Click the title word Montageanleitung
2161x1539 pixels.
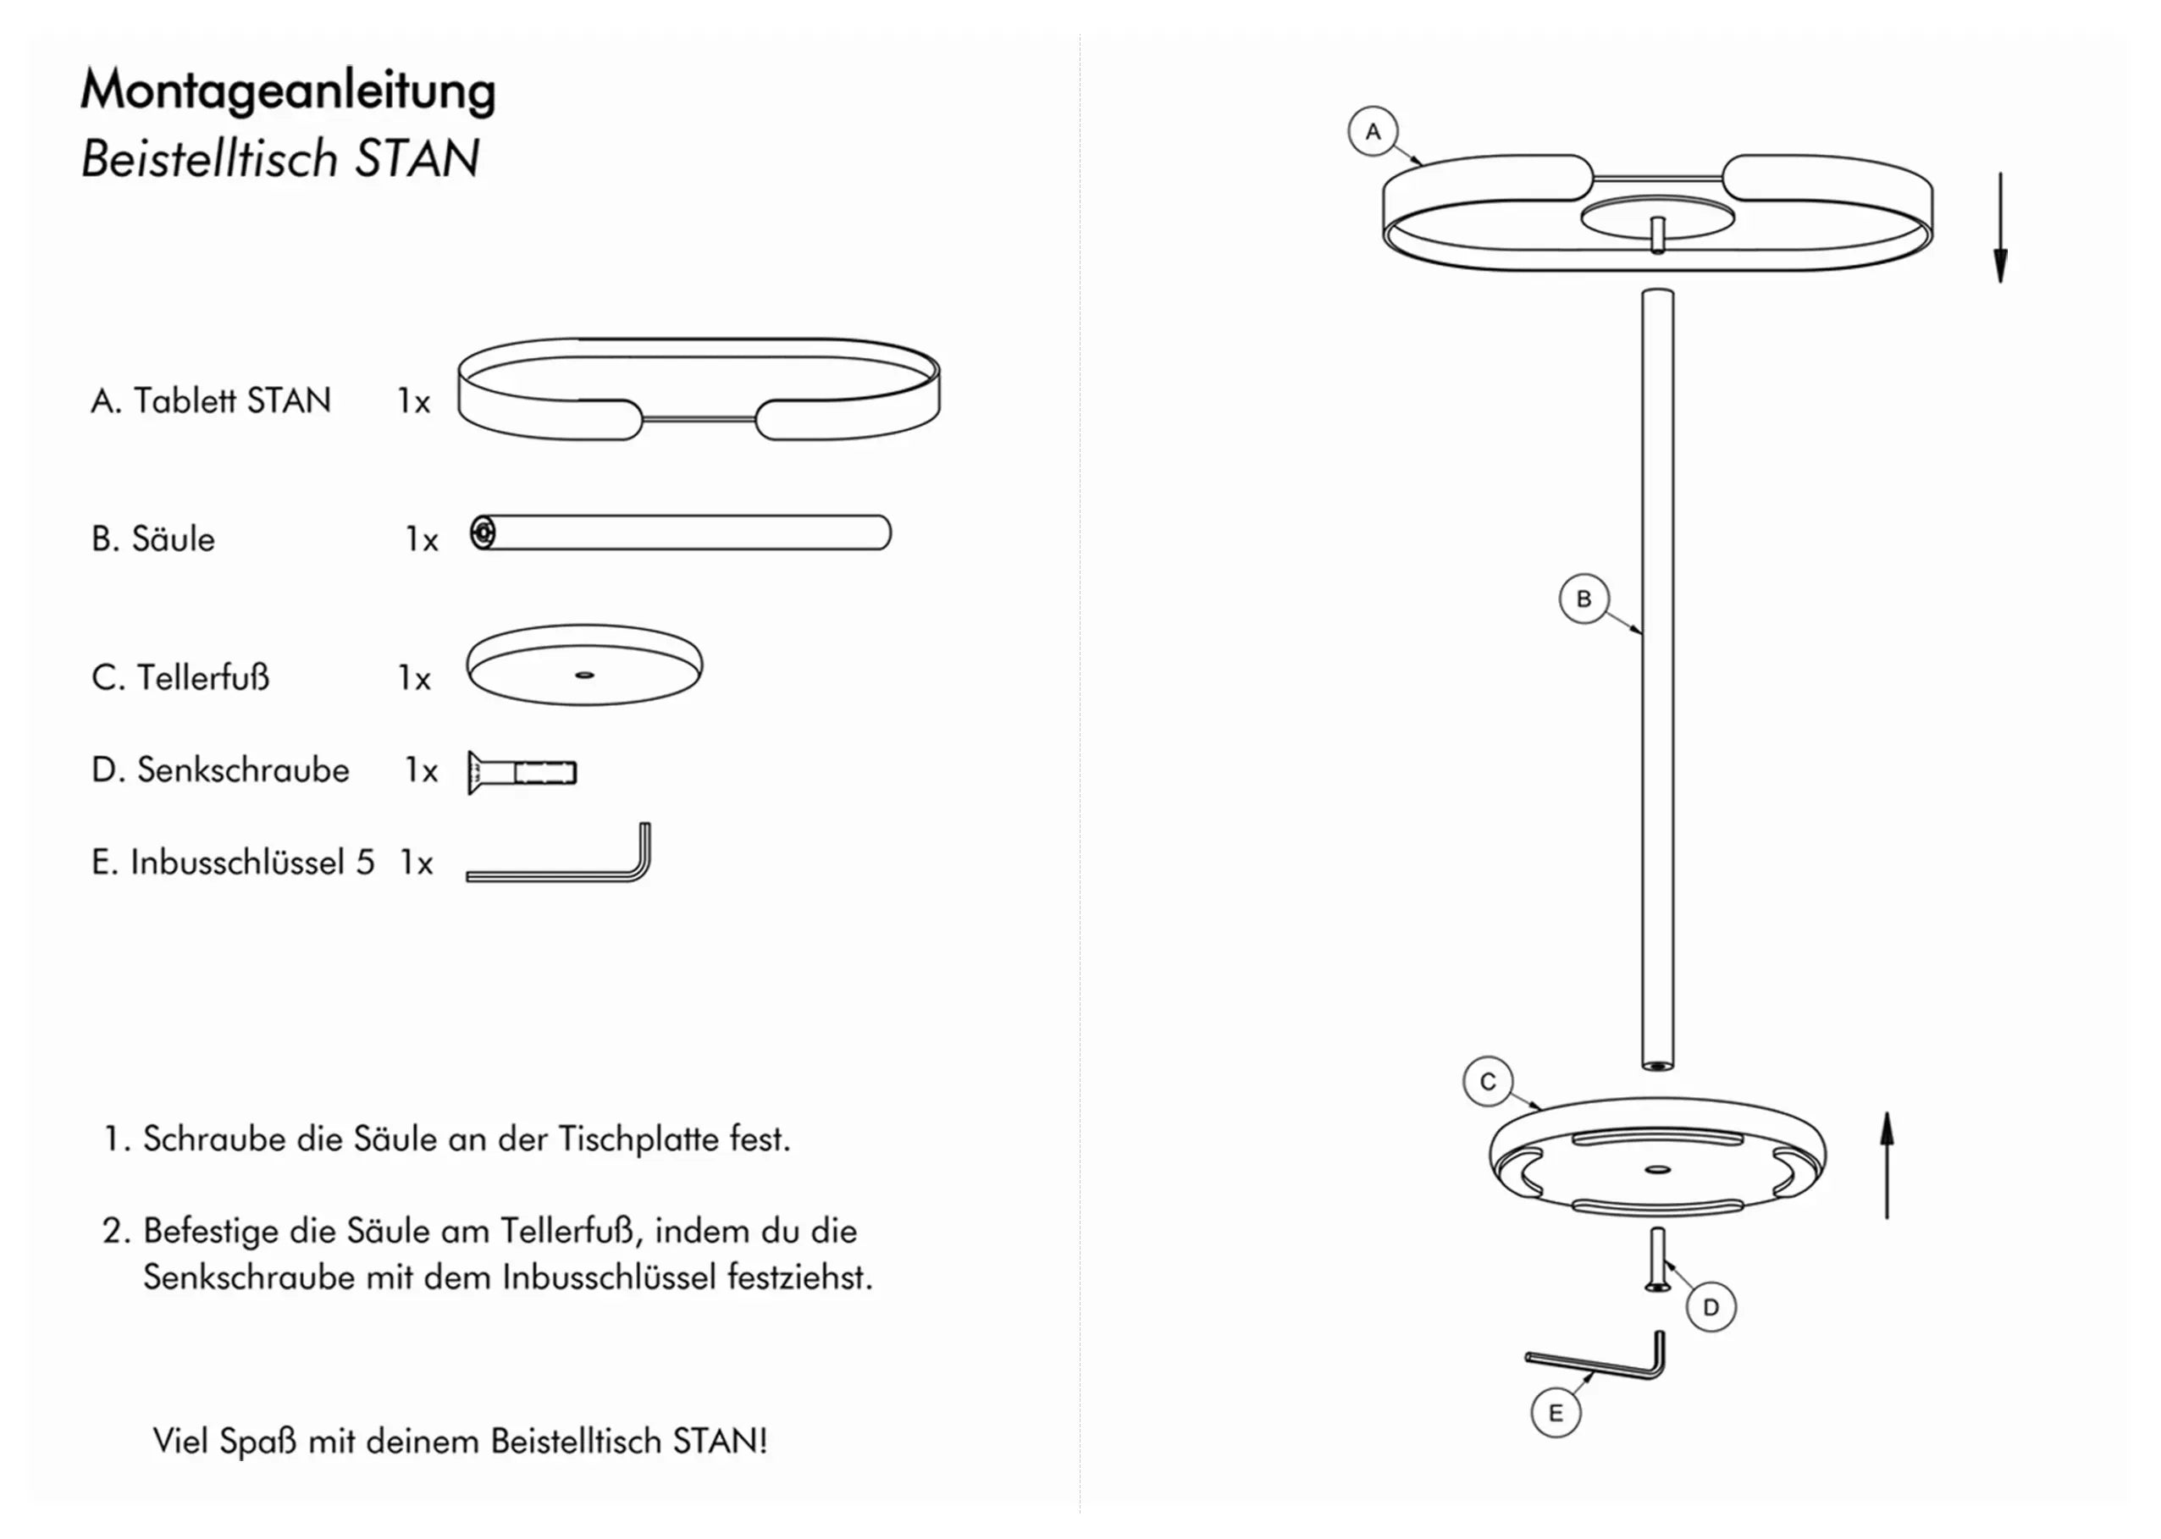coord(287,91)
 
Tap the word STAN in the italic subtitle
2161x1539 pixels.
coord(417,158)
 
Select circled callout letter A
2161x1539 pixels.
coord(1373,132)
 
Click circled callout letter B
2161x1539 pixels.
coord(1583,598)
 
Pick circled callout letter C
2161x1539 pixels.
coord(1487,1082)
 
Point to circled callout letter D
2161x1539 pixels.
coord(1710,1308)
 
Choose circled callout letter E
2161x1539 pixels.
coord(1555,1414)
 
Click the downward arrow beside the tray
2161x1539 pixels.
coord(2000,228)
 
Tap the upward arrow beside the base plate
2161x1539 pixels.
coord(1886,1166)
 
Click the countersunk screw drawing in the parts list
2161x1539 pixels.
coord(522,772)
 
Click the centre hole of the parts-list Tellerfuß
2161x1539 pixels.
coord(585,675)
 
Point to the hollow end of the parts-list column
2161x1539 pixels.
coord(483,532)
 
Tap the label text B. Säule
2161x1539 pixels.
coord(152,539)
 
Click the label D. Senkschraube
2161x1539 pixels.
coord(220,769)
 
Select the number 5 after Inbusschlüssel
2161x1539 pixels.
coord(365,863)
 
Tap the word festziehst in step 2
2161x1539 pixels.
coord(799,1277)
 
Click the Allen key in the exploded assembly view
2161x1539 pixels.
coord(1602,1363)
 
